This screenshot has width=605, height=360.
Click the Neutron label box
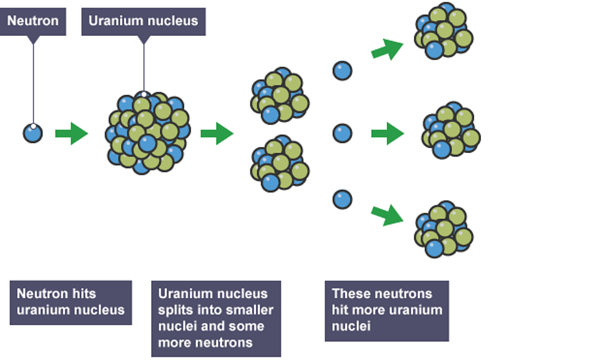click(x=33, y=21)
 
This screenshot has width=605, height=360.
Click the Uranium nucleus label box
click(x=143, y=21)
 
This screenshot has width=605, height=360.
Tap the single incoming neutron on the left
click(x=33, y=133)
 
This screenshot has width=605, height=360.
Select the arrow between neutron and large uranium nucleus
click(x=71, y=133)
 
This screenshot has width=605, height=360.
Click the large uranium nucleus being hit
click(x=148, y=133)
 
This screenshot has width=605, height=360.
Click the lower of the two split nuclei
click(x=279, y=164)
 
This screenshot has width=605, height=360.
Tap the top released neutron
click(x=342, y=70)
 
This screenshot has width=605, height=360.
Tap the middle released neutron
click(x=342, y=133)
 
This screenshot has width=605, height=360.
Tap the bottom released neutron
click(x=342, y=199)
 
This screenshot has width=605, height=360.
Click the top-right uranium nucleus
click(x=443, y=31)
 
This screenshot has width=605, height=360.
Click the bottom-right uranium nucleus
click(x=443, y=229)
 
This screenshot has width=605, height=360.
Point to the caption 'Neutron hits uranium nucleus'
click(x=71, y=302)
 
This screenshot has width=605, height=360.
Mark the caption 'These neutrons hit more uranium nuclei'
click(x=386, y=310)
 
